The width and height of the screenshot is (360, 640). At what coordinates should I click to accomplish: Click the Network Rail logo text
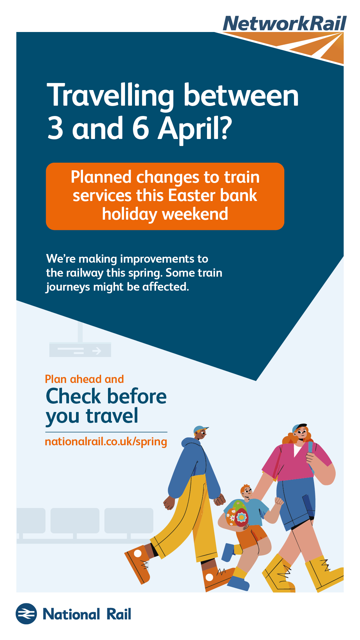point(285,24)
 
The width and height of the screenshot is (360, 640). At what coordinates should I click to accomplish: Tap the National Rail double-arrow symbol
point(26,614)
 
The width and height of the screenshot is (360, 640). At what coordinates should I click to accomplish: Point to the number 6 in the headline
point(141,128)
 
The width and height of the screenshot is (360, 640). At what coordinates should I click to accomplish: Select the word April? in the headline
point(195,130)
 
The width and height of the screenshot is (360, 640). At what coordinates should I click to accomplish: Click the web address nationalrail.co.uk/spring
point(106,442)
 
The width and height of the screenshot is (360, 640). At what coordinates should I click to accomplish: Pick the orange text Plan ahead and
point(84,379)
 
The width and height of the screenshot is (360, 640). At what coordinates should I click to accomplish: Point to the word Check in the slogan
point(73,396)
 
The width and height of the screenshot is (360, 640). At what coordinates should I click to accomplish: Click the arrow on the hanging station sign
point(97,351)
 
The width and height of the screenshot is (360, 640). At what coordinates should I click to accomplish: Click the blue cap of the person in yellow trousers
point(201,429)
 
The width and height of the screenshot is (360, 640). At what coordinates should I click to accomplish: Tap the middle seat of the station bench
point(75,520)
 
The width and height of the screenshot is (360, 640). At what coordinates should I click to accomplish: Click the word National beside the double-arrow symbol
point(71,614)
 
